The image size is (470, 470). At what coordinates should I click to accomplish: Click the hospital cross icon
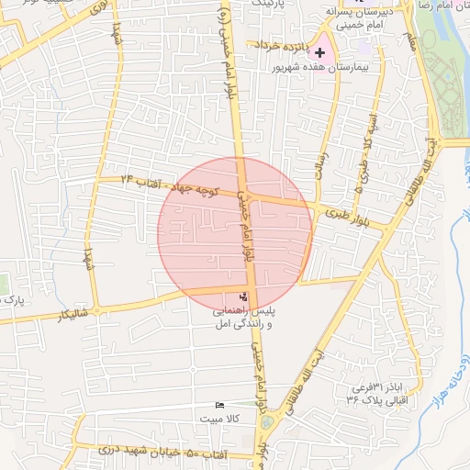[x=319, y=53]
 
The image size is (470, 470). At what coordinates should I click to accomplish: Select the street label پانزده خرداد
[x=278, y=45]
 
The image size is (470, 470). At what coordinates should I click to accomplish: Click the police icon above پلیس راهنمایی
[x=243, y=297]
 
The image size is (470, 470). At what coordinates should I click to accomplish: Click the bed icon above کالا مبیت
[x=218, y=405]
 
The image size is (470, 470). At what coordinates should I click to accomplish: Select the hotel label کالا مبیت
[x=218, y=419]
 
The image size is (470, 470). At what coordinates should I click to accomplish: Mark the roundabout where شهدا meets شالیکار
[x=96, y=307]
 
